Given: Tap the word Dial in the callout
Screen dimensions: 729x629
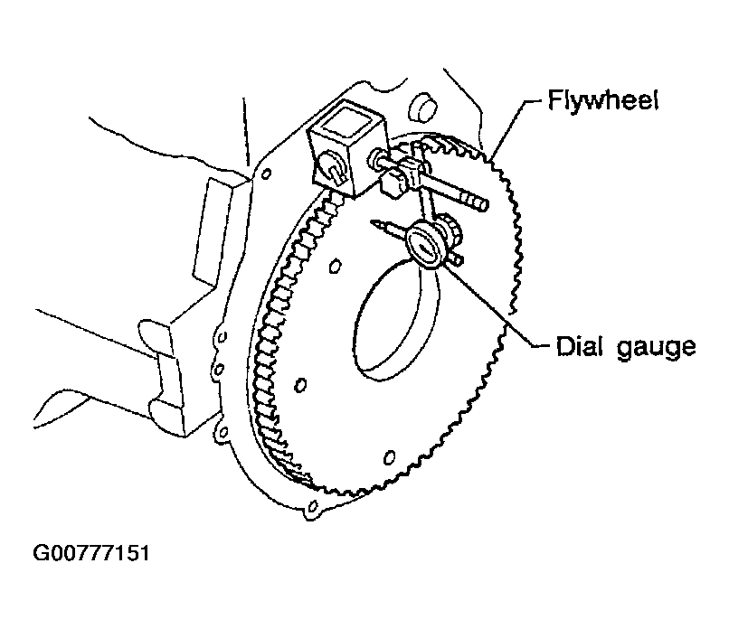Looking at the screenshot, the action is click(x=581, y=345).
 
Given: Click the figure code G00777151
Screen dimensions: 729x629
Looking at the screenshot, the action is click(x=91, y=553).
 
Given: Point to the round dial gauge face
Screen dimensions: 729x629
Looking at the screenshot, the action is click(x=423, y=245).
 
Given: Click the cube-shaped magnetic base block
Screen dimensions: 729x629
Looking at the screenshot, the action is click(x=346, y=147).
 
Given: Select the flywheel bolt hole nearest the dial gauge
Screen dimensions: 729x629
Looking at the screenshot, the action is click(x=335, y=267).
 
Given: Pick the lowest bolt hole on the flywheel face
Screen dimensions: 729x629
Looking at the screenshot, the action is click(x=390, y=457).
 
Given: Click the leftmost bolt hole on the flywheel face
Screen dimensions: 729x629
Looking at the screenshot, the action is click(x=300, y=385).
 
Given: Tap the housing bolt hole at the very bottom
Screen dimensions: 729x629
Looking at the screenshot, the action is click(x=312, y=506).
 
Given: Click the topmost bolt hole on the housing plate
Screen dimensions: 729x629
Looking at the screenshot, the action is click(x=267, y=174).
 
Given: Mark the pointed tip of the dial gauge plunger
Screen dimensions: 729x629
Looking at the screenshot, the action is click(x=372, y=221).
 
